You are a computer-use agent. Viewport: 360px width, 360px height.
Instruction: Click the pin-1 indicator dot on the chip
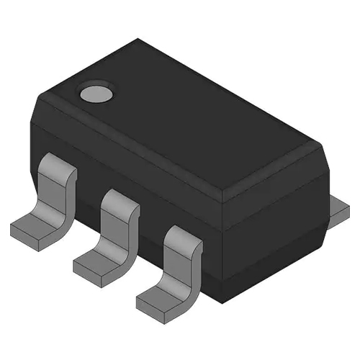[95, 92]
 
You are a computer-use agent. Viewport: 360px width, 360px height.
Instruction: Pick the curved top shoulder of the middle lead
[120, 199]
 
